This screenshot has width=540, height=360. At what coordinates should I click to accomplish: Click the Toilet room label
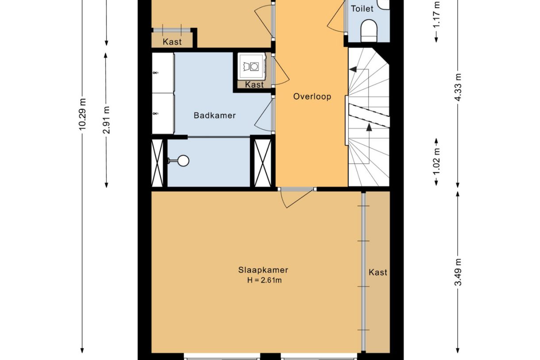coord(362,8)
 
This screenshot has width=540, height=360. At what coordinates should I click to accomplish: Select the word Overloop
coord(312,97)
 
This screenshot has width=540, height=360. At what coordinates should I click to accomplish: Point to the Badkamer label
coord(215,116)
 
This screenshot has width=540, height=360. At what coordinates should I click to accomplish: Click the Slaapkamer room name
coord(263,270)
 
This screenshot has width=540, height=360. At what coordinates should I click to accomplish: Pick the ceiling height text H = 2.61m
coord(264,280)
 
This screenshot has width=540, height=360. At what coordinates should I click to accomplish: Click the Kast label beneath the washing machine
coord(254,85)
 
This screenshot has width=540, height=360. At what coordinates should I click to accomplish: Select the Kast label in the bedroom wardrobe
coord(378,272)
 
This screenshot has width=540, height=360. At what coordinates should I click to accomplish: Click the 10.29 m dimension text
coord(82,115)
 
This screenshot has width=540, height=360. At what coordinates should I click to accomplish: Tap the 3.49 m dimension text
coord(458,272)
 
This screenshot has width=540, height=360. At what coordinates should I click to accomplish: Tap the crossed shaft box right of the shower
coord(263,163)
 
